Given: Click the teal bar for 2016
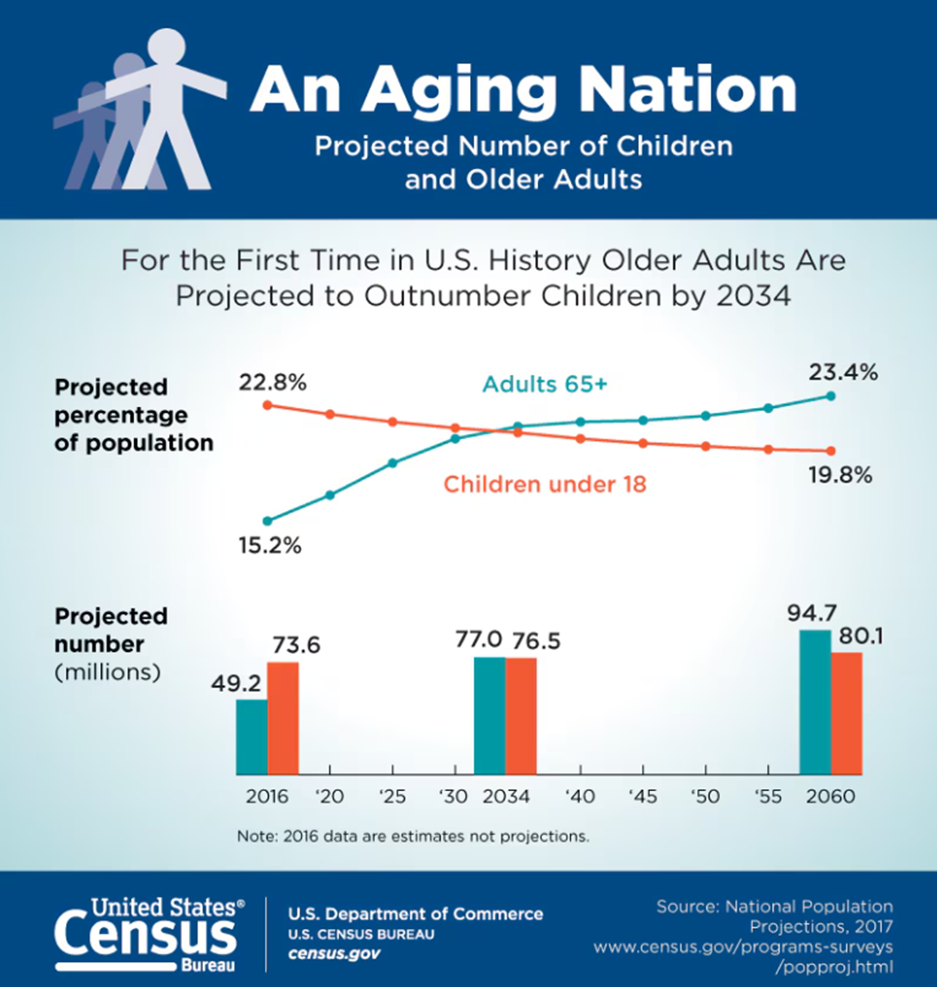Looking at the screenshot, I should pyautogui.click(x=252, y=736).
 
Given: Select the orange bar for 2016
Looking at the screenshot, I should pyautogui.click(x=283, y=718).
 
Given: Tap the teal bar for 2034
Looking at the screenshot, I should pyautogui.click(x=489, y=715).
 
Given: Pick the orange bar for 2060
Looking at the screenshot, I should pyautogui.click(x=846, y=713).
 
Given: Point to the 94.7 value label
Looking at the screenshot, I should pyautogui.click(x=812, y=613).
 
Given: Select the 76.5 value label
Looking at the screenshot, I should pyautogui.click(x=535, y=641).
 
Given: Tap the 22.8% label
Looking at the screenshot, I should pyautogui.click(x=273, y=382).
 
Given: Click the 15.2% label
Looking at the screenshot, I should pyautogui.click(x=269, y=546).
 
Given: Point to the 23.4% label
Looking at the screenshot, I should pyautogui.click(x=843, y=373).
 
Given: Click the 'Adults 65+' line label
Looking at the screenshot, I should pyautogui.click(x=544, y=384).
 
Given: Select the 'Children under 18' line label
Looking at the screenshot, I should pyautogui.click(x=544, y=485).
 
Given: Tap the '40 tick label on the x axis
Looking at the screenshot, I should pyautogui.click(x=579, y=797).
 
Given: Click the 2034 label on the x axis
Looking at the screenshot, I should pyautogui.click(x=506, y=797).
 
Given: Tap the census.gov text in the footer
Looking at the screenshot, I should pyautogui.click(x=334, y=954).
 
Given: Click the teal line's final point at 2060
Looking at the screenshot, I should pyautogui.click(x=831, y=396).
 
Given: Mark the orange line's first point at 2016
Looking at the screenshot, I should pyautogui.click(x=268, y=405).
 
